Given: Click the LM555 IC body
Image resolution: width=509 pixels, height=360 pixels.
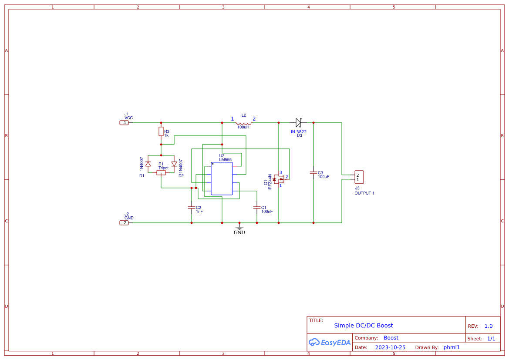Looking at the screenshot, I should click(x=222, y=178).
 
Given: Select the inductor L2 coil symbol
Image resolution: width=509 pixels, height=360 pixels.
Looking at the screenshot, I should click(x=244, y=122).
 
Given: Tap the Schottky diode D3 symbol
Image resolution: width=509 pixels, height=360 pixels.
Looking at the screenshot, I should click(x=298, y=123).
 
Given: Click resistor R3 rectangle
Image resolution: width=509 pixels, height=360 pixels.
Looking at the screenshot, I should click(x=161, y=131).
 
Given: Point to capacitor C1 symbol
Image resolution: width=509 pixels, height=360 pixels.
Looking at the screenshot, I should click(x=257, y=208).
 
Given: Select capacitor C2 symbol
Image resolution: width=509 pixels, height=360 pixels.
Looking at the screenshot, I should click(x=192, y=208).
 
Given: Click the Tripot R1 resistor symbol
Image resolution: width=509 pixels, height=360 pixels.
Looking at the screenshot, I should click(x=161, y=173).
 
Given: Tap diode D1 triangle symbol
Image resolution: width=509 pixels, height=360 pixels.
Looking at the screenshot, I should click(x=148, y=164).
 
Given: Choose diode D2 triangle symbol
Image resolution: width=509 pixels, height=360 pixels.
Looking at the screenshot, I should click(x=174, y=164).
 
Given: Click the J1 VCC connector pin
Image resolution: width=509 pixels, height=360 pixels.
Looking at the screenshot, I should click(x=124, y=123).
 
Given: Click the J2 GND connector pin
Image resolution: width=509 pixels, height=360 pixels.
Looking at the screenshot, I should click(x=124, y=223).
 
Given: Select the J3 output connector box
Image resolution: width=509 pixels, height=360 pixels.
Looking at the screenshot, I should click(x=359, y=177).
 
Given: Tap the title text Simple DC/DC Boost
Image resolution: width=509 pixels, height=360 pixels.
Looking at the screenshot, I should click(x=363, y=326).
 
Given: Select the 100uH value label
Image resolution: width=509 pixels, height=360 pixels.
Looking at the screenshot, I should click(x=243, y=127).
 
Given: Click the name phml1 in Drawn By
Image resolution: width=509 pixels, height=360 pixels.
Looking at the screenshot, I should click(x=452, y=347).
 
